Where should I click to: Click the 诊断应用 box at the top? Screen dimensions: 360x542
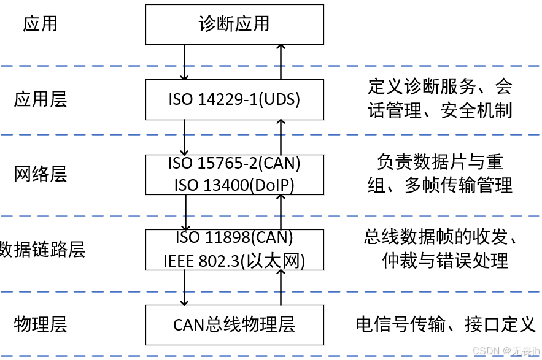[234, 24]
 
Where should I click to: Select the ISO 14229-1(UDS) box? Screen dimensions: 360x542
[234, 99]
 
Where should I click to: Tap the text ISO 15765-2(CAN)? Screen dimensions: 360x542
[234, 164]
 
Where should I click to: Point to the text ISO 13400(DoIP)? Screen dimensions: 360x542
[234, 184]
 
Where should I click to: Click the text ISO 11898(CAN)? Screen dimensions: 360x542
[234, 237]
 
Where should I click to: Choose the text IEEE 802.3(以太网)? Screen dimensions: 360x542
[234, 260]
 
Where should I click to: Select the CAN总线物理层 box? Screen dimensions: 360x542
[234, 324]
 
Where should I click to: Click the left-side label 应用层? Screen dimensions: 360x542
[41, 99]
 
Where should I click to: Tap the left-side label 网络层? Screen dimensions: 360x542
[41, 175]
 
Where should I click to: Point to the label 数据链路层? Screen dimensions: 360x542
[42, 250]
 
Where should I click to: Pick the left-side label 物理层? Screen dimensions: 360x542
[41, 324]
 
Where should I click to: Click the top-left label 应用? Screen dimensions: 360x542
[41, 24]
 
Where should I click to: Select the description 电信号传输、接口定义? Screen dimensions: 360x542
[446, 324]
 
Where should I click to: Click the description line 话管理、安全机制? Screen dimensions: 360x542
[440, 110]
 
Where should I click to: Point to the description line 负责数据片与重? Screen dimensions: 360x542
[440, 162]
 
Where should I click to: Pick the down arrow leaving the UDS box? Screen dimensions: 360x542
[184, 137]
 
